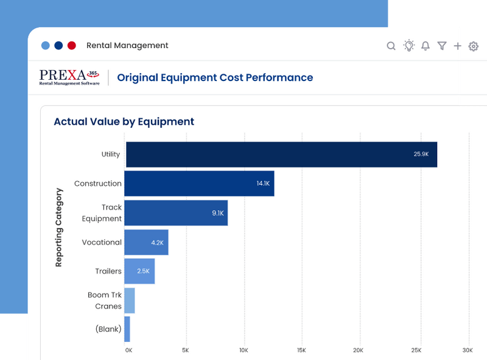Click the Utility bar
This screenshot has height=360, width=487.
[x=281, y=155]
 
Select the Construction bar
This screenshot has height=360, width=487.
[x=199, y=183]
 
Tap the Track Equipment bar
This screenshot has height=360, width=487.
[x=176, y=213]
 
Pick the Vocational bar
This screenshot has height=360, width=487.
[x=146, y=242]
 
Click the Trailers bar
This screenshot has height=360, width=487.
[x=139, y=271]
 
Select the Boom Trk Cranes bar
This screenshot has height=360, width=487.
[x=130, y=300]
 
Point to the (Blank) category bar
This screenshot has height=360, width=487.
[x=127, y=329]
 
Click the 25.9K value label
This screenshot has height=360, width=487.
[x=421, y=155]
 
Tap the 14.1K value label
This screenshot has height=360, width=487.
[x=263, y=183]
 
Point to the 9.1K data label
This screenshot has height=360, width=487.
[x=217, y=213]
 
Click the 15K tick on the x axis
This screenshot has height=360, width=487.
[x=301, y=350]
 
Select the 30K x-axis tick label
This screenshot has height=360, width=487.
[x=467, y=350]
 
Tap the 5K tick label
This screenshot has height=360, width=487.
[x=185, y=350]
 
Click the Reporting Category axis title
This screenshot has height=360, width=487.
[x=59, y=227]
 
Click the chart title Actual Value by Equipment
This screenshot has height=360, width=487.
[x=124, y=122]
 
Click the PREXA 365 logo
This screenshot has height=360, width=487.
[x=69, y=77]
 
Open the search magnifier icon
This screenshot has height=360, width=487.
[x=391, y=46]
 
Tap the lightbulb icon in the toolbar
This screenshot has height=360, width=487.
[x=409, y=46]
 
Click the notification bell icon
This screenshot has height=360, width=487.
[x=426, y=46]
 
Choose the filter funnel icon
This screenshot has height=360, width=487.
[x=442, y=46]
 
